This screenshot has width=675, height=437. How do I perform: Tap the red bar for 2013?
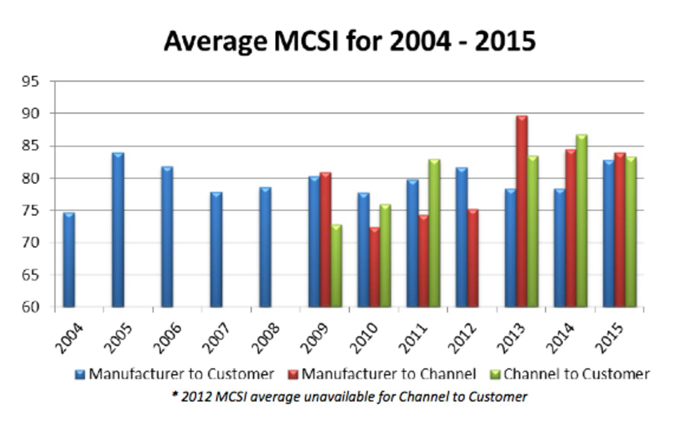pos(522,211)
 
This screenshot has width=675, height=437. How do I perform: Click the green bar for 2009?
pos(336,266)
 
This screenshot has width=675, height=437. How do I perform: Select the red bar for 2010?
pos(374,267)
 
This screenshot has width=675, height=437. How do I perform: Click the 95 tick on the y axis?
pos(30,82)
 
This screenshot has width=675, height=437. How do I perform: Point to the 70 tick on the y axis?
pos(30,243)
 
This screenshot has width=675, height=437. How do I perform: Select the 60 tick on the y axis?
pos(30,307)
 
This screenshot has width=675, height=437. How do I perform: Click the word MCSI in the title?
pos(306,41)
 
